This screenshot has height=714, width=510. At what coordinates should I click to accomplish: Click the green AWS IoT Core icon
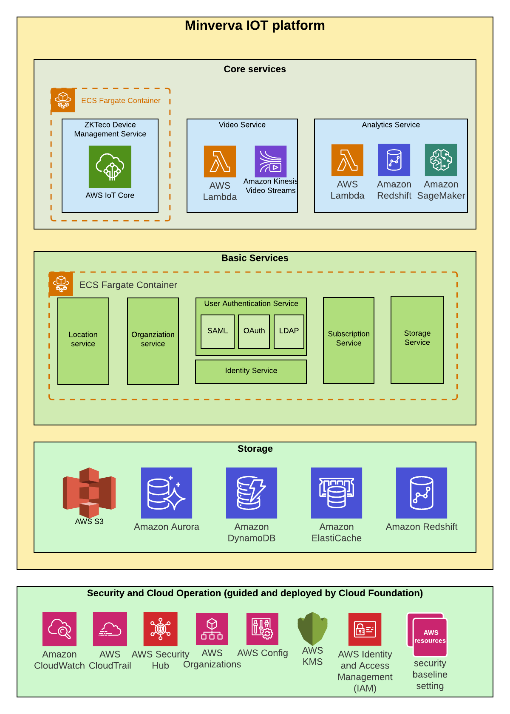(110, 167)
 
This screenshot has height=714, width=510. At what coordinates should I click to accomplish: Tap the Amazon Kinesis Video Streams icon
(271, 161)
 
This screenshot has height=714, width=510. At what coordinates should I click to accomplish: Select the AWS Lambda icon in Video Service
(220, 161)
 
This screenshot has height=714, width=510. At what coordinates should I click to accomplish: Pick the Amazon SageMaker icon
(441, 160)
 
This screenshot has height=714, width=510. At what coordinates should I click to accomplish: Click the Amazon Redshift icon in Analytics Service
(394, 160)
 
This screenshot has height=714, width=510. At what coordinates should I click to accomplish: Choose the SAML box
(218, 331)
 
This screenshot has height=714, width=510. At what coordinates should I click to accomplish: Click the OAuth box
(254, 331)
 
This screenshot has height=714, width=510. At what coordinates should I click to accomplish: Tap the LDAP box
(289, 331)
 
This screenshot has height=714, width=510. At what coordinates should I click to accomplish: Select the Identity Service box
(251, 371)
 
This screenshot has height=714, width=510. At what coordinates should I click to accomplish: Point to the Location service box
(83, 341)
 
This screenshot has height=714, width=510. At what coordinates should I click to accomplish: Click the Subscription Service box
(348, 340)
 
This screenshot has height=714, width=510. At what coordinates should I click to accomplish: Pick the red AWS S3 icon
(89, 493)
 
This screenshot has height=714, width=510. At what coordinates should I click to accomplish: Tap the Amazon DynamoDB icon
(252, 493)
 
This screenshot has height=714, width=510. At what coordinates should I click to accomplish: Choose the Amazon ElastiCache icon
(337, 493)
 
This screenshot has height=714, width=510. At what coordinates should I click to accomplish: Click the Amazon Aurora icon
(167, 493)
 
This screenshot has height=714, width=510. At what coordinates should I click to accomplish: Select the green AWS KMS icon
(313, 629)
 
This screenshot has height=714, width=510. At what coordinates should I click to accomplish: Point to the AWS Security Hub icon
(160, 629)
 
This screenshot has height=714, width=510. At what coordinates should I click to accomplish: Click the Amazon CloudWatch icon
(59, 629)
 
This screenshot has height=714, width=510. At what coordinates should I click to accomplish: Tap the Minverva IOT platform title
(255, 25)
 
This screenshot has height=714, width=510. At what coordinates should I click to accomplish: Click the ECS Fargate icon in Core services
(63, 100)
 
